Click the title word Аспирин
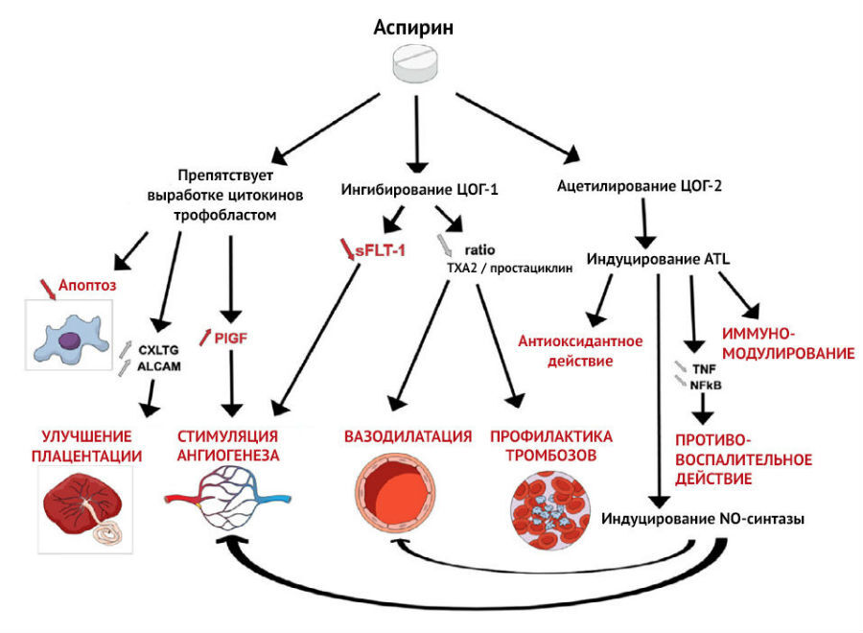coord(413,28)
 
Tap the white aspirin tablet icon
coord(415,64)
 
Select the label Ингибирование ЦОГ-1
coord(419,190)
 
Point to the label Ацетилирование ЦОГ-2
coord(639,186)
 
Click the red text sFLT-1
coord(381,251)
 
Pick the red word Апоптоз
coord(87,285)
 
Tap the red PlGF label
coord(230,338)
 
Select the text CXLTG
coord(158,350)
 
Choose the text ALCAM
coord(159,366)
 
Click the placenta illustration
coord(85,509)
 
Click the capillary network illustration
coord(227,497)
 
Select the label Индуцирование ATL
coord(658,259)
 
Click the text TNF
coord(704,369)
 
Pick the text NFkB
coord(706,386)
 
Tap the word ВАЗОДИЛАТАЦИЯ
coord(408,436)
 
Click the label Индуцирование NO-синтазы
coord(703,519)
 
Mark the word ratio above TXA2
coord(480,250)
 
